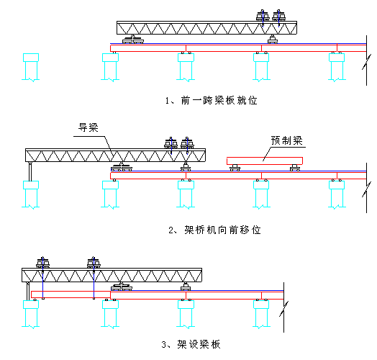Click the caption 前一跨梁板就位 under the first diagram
click(212, 100)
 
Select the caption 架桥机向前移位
click(214, 230)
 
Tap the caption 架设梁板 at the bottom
click(191, 344)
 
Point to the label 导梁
click(88, 127)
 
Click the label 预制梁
click(287, 140)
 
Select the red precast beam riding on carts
click(265, 161)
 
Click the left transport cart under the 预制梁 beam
click(235, 168)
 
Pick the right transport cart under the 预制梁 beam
click(295, 168)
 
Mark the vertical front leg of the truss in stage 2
click(30, 171)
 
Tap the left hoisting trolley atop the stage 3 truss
click(42, 263)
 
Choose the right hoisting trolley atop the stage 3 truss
click(94, 263)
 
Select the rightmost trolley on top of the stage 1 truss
click(279, 16)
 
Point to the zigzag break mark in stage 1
click(366, 62)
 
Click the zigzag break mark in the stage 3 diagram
click(283, 309)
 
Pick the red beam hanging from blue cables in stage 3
click(71, 294)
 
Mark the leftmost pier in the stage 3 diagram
click(31, 314)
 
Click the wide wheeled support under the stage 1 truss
click(133, 40)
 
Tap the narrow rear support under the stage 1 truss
click(273, 40)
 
